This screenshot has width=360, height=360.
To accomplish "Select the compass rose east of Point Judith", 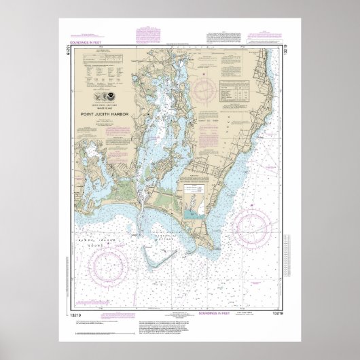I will pos(252,228).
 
